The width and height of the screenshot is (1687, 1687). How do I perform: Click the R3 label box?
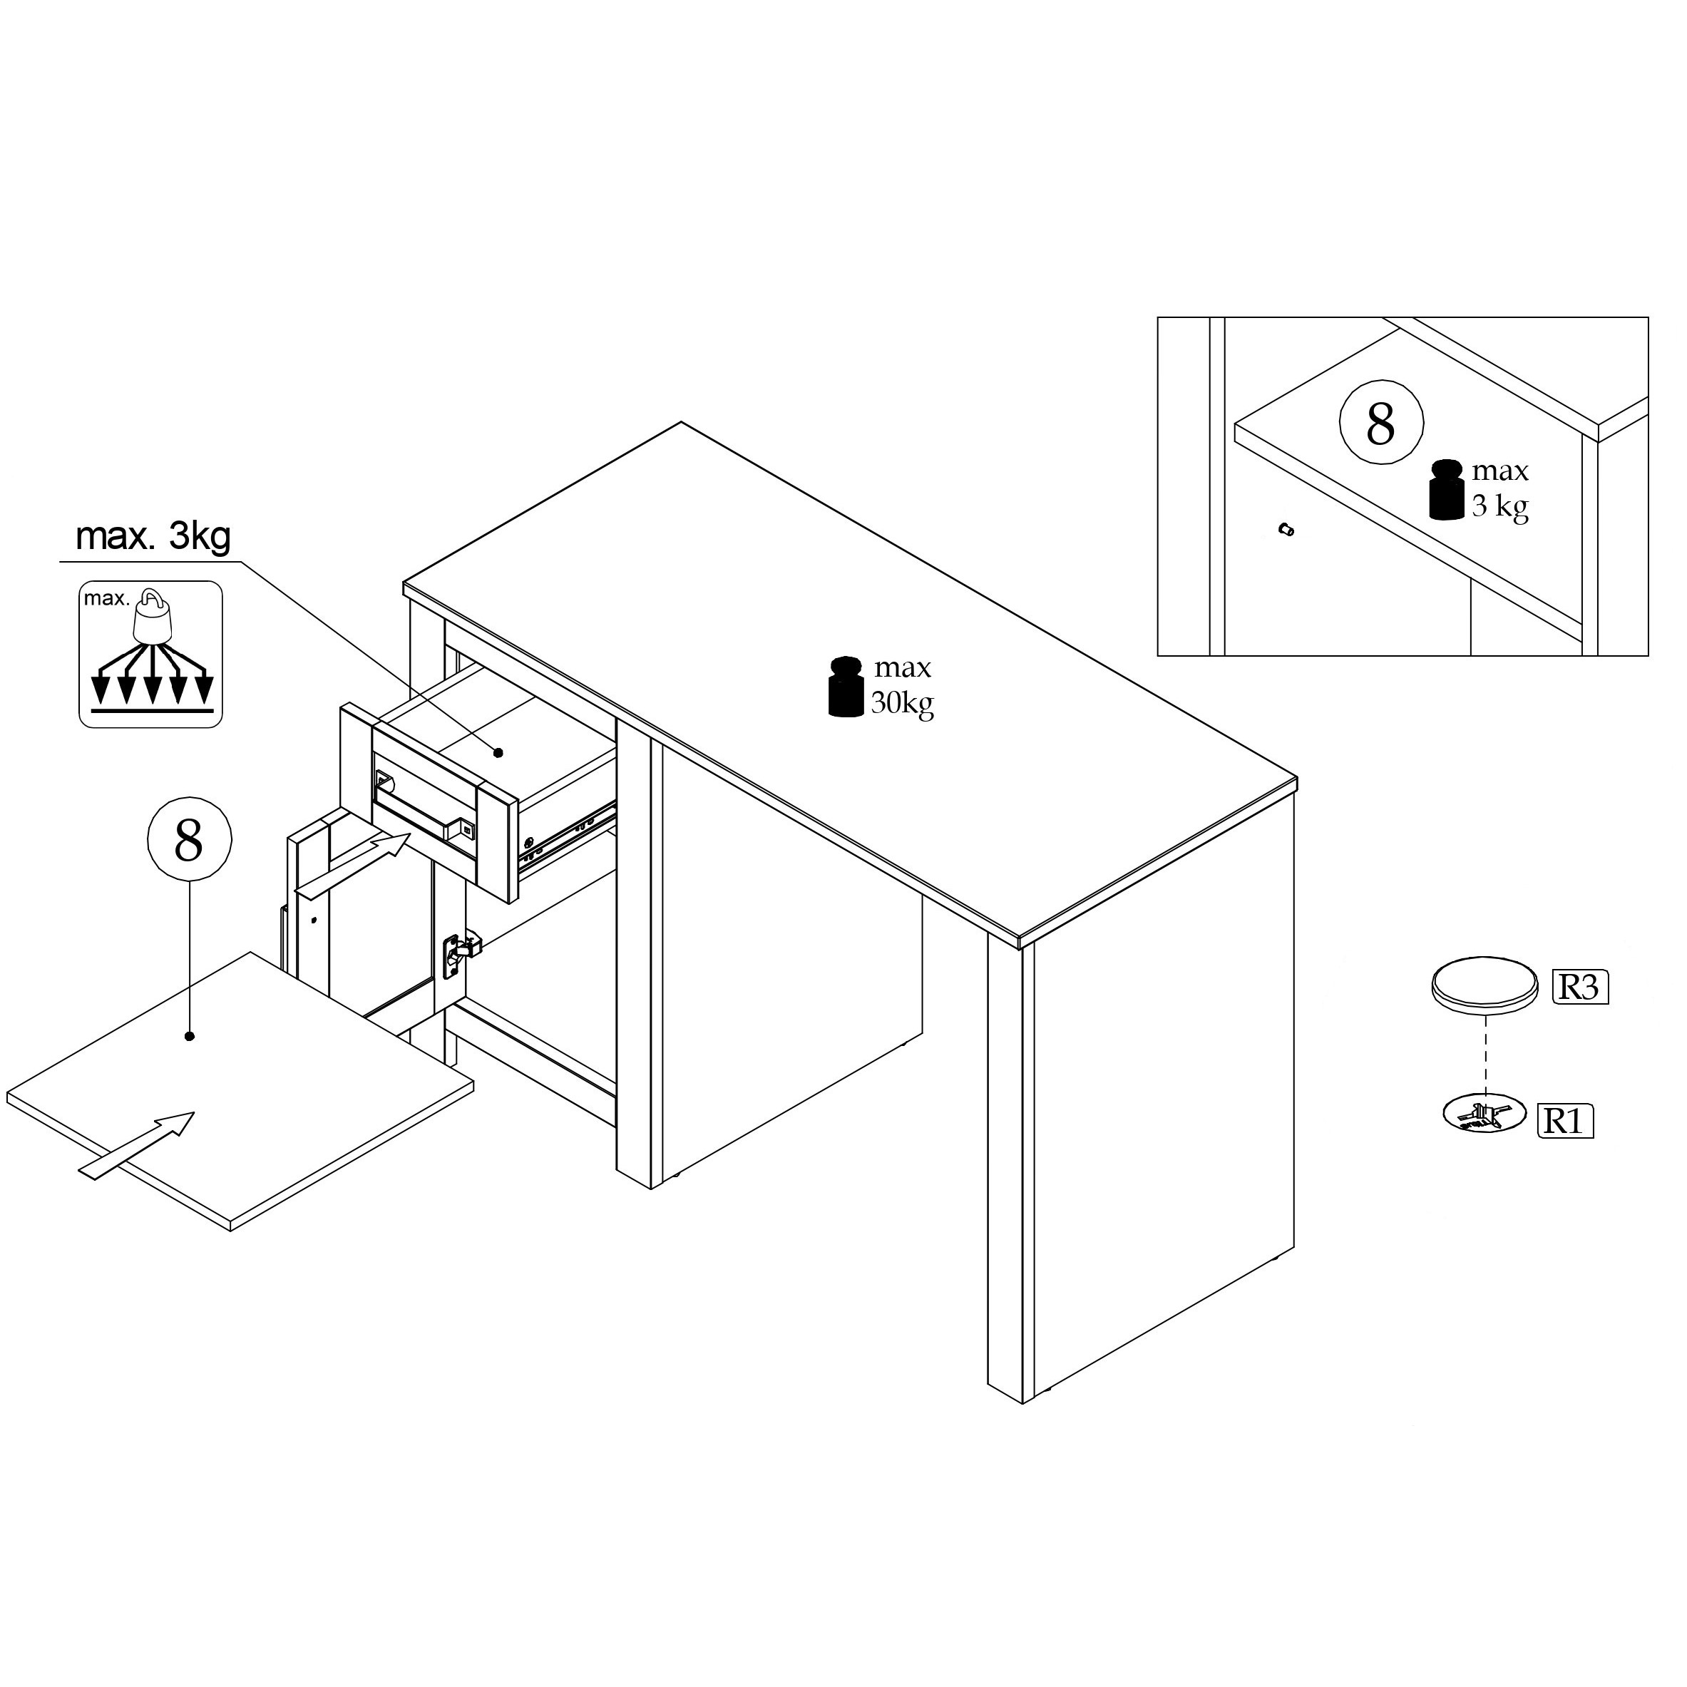[x=1581, y=987]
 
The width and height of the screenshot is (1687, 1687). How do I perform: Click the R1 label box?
[x=1566, y=1120]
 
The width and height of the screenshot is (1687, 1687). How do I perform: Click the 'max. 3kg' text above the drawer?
[x=154, y=536]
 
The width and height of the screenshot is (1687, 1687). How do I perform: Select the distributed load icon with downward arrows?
[x=151, y=655]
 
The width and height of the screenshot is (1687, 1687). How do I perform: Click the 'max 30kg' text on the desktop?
[x=902, y=685]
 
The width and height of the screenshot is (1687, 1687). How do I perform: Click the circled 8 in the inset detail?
[x=1381, y=424]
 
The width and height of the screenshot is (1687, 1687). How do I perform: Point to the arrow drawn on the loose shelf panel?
[x=136, y=1145]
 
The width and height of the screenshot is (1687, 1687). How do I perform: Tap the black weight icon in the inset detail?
[x=1447, y=491]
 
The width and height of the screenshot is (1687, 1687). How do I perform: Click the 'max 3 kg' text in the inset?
[x=1500, y=489]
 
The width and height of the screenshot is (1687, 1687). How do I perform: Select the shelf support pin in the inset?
[x=1286, y=529]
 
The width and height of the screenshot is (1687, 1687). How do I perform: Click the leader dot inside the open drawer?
[x=499, y=752]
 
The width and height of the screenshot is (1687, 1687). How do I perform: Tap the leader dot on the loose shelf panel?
[x=190, y=1037]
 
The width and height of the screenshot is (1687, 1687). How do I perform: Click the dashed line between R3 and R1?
[x=1485, y=1057]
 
